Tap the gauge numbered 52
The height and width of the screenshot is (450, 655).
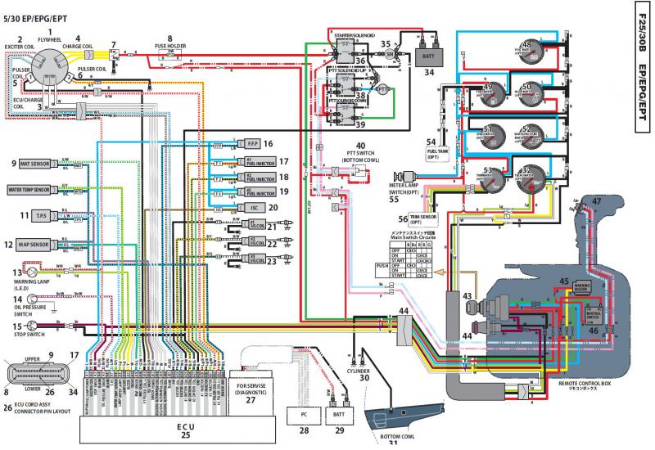coord(527,136)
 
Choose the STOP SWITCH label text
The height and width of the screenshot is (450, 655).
coord(31,335)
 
